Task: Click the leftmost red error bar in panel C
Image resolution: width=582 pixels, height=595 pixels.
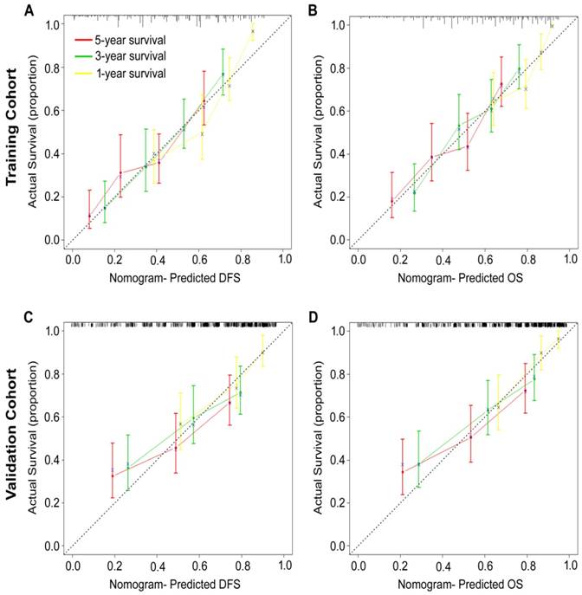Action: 112,471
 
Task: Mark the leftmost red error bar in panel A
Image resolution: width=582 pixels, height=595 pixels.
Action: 89,210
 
